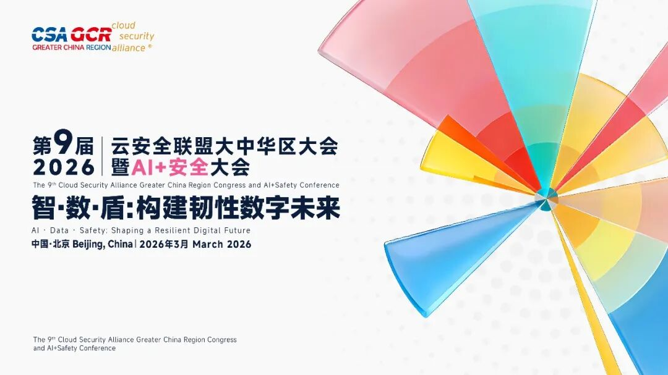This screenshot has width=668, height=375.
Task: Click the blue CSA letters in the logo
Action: (50, 34)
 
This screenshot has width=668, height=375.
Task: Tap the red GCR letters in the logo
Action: (90, 34)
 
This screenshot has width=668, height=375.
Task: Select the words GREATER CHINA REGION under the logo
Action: (71, 47)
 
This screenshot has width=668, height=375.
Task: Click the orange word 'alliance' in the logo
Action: (129, 48)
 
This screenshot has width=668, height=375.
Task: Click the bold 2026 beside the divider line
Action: (64, 167)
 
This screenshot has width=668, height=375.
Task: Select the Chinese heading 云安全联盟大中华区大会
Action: (225, 146)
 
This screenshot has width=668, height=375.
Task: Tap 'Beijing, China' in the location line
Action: (102, 244)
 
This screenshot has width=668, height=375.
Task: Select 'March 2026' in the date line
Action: (221, 244)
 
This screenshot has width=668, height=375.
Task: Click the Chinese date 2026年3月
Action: (164, 244)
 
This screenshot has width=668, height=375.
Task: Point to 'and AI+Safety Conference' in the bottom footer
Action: (74, 348)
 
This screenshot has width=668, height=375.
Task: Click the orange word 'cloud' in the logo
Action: (123, 26)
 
